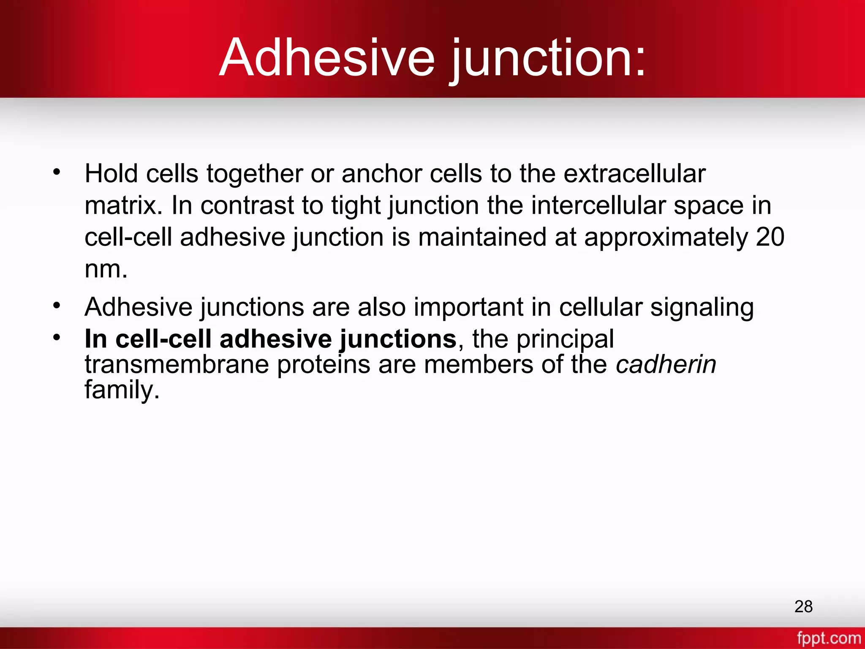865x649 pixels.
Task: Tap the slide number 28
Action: [803, 606]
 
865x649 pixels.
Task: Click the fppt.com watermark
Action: [828, 638]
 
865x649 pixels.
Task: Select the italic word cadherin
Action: [666, 364]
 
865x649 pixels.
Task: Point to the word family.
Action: [122, 390]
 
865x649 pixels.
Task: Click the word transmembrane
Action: [177, 364]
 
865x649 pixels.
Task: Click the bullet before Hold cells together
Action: [57, 172]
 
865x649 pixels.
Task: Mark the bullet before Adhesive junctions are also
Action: [57, 305]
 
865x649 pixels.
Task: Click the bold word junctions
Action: [397, 339]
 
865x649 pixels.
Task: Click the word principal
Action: [565, 339]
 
